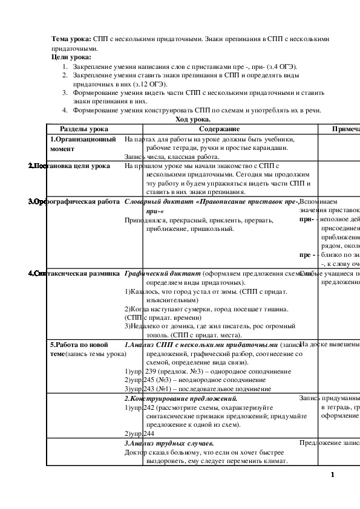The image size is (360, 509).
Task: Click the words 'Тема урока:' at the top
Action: [71, 39]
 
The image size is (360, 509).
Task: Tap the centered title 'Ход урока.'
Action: [193, 120]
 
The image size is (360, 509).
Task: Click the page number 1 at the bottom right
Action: [333, 475]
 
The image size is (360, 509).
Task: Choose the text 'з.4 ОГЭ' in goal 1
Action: [284, 66]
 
